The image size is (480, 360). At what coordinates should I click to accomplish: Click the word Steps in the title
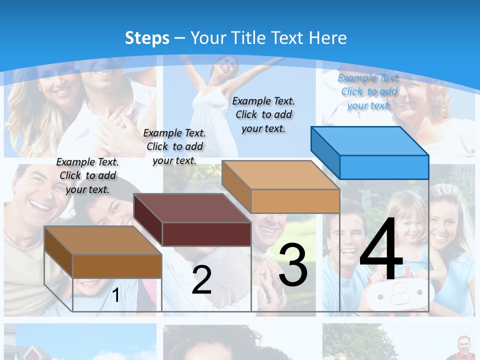coord(147,38)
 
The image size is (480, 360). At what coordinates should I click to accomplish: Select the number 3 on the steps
coord(293,265)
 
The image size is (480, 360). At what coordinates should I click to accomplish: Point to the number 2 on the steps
coord(201,280)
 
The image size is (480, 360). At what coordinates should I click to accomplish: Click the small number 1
coord(115,295)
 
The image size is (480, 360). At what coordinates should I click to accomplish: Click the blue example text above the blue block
coord(369,91)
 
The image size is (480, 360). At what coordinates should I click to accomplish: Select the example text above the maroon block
coord(174,146)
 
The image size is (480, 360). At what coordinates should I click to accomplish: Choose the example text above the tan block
coord(263,114)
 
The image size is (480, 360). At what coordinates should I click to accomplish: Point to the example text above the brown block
coord(87,175)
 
